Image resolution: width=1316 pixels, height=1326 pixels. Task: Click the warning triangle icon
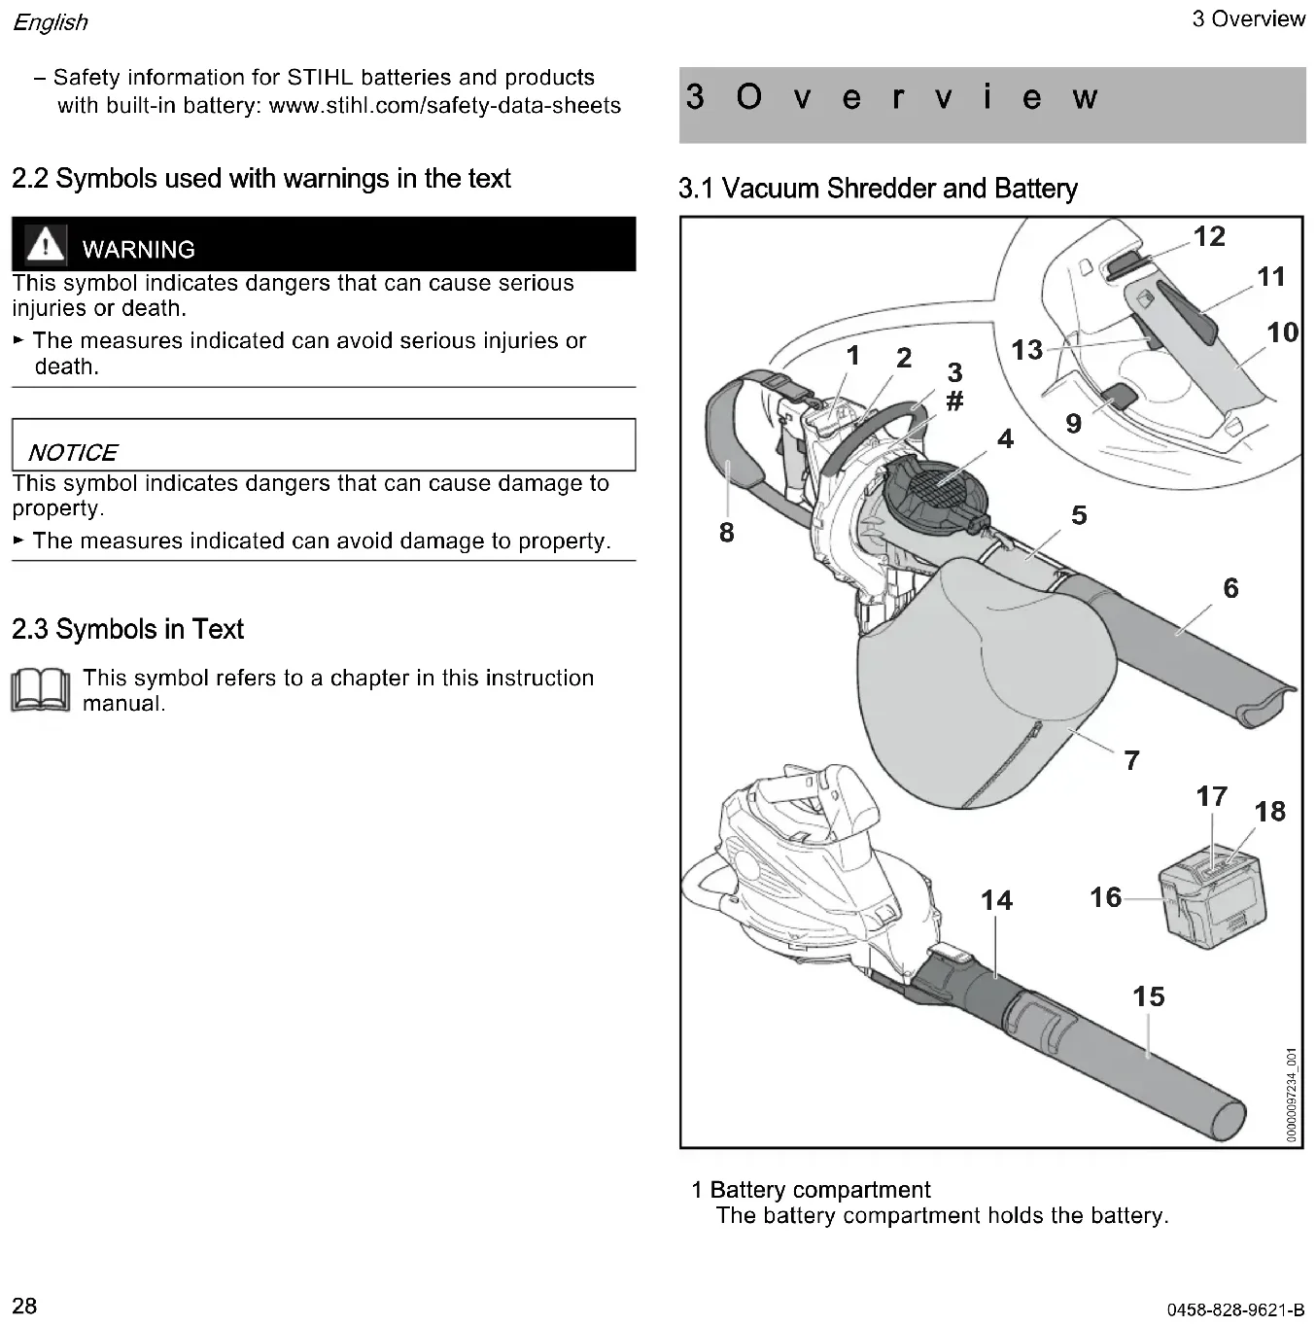[x=45, y=244]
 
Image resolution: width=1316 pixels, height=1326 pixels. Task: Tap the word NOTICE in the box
[x=73, y=452]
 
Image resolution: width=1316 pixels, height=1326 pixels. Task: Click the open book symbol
[x=40, y=690]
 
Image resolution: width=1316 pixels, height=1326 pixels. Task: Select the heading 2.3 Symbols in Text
[x=127, y=629]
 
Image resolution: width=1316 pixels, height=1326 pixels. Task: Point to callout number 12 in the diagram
[x=1209, y=236]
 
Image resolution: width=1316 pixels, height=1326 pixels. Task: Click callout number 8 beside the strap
[x=727, y=532]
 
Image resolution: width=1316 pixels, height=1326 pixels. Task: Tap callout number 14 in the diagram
[x=996, y=900]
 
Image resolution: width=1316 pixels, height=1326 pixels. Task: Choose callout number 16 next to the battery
[x=1105, y=896]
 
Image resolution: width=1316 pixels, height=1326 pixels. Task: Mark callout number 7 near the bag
[x=1131, y=760]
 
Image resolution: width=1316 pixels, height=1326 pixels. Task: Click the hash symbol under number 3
[x=954, y=401]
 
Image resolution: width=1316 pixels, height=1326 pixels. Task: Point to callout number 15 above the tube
[x=1148, y=996]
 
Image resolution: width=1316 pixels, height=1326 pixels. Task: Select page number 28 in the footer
[x=24, y=1305]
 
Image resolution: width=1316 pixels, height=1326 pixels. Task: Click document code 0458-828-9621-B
[x=1235, y=1310]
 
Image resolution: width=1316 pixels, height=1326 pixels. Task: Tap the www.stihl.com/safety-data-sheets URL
[x=444, y=105]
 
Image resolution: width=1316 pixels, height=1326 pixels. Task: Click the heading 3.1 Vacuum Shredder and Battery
[x=878, y=188]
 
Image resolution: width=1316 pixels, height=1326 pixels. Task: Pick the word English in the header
[x=50, y=21]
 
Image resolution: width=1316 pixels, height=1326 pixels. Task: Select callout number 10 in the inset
[x=1282, y=332]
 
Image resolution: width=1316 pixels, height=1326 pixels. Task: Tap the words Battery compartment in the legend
[x=819, y=1190]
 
